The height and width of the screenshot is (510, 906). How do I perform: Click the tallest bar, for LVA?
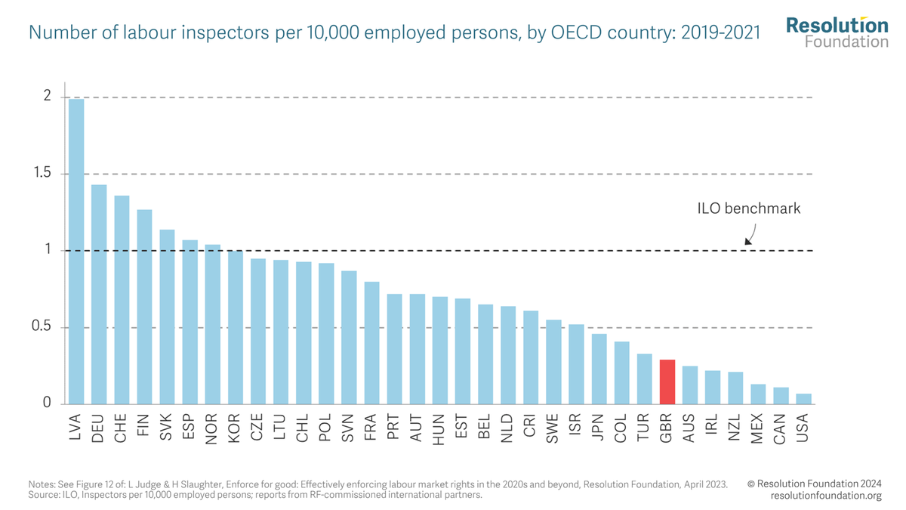click(x=76, y=252)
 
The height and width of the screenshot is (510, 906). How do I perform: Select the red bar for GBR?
click(x=667, y=382)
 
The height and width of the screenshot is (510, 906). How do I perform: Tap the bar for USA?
click(x=803, y=399)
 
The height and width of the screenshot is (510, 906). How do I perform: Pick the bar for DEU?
click(x=99, y=295)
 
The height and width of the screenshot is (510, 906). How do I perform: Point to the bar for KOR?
click(x=236, y=328)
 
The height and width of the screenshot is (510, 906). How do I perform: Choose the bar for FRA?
click(x=371, y=343)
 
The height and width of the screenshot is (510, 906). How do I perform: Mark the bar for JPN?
click(x=599, y=369)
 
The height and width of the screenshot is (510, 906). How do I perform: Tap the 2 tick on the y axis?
click(x=47, y=97)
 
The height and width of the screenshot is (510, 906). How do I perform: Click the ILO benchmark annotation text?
click(x=748, y=209)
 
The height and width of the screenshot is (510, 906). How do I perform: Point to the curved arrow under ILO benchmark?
click(x=750, y=233)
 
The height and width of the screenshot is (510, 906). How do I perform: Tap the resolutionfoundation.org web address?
click(x=826, y=496)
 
